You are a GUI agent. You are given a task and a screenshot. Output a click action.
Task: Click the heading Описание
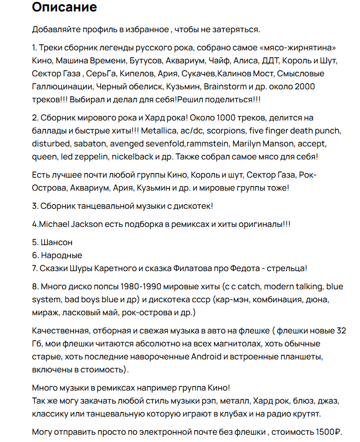[64, 8]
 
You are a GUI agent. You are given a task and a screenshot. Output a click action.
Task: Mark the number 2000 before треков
[304, 86]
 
